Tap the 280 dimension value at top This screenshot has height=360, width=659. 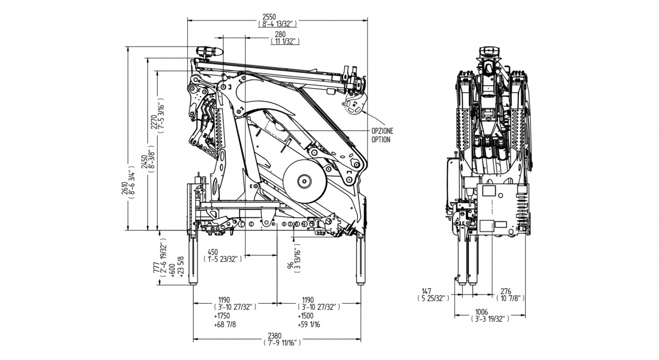(279, 34)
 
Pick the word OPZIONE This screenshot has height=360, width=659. (382, 131)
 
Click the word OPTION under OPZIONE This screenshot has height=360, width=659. (381, 139)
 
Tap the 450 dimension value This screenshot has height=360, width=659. (213, 252)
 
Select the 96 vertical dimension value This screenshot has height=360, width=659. (290, 265)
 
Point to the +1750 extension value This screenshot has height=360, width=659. (223, 316)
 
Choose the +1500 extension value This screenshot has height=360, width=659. (306, 316)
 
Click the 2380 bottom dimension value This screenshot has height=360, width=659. (277, 335)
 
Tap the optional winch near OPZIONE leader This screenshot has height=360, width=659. (353, 106)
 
